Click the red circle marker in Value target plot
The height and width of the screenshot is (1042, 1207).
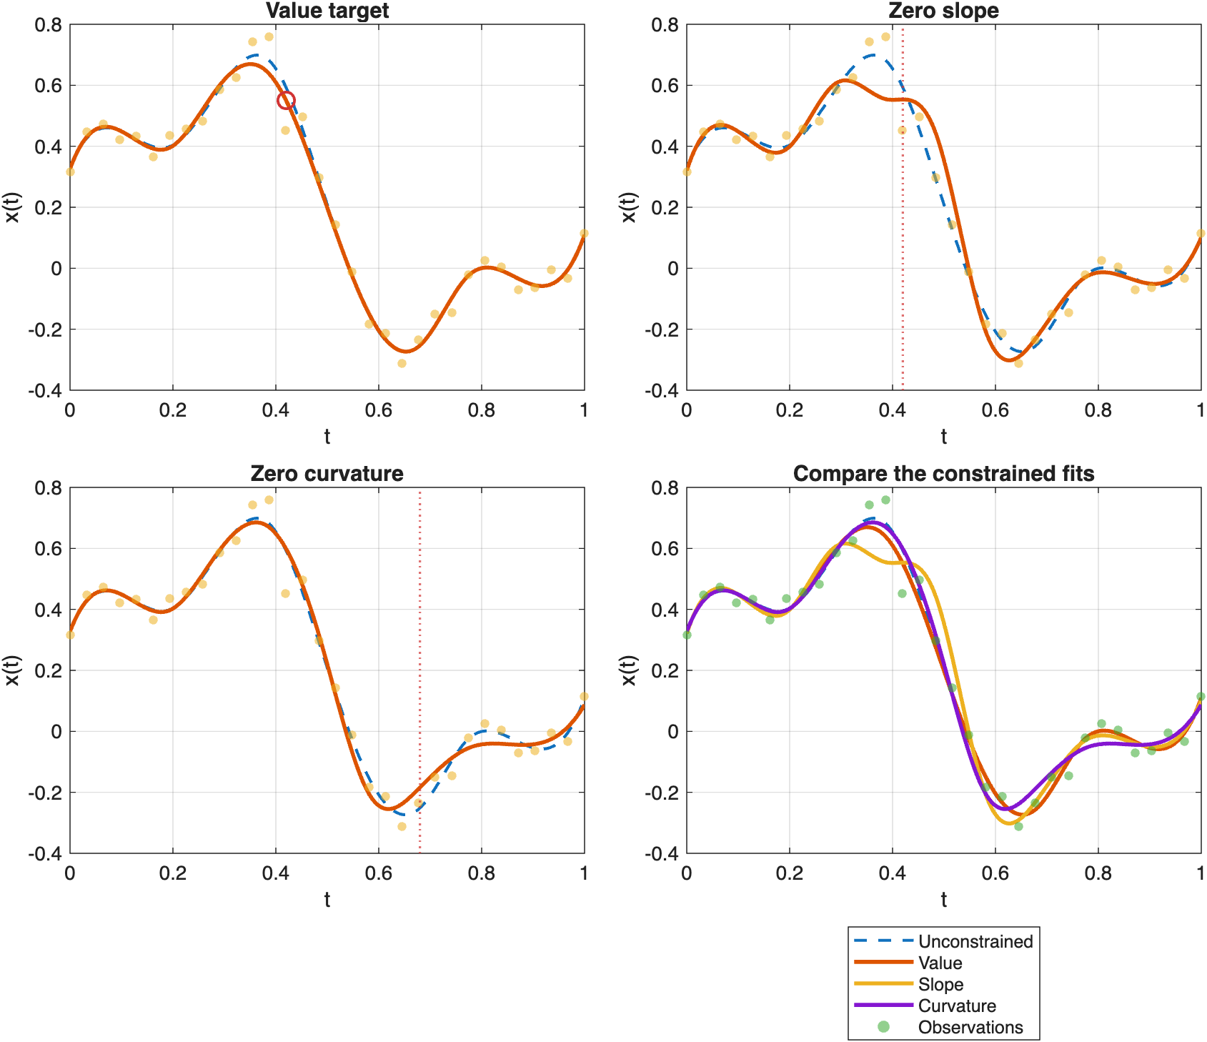[286, 101]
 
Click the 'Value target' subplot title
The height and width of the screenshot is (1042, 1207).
[327, 11]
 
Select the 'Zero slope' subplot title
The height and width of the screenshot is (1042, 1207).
[943, 11]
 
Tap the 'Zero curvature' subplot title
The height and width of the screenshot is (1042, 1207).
[327, 474]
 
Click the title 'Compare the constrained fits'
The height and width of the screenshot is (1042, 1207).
[943, 474]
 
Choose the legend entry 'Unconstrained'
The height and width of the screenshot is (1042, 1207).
[975, 941]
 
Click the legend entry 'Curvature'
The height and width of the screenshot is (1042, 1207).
[956, 1006]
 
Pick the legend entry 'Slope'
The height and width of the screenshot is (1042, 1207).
[940, 984]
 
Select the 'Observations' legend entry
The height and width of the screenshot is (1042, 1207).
[970, 1027]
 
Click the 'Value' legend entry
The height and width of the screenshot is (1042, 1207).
[940, 963]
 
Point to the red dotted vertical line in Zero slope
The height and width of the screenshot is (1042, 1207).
[903, 214]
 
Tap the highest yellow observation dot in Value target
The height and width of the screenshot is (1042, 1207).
[269, 36]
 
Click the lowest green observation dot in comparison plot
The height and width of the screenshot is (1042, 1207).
[1018, 826]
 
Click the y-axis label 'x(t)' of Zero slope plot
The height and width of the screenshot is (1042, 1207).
[628, 207]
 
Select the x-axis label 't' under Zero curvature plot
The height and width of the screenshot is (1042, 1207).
[327, 900]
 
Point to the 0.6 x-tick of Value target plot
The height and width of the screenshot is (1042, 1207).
[379, 410]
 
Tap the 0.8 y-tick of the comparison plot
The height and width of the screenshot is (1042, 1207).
[665, 488]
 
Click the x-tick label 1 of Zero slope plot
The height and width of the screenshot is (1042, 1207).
[1201, 410]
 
